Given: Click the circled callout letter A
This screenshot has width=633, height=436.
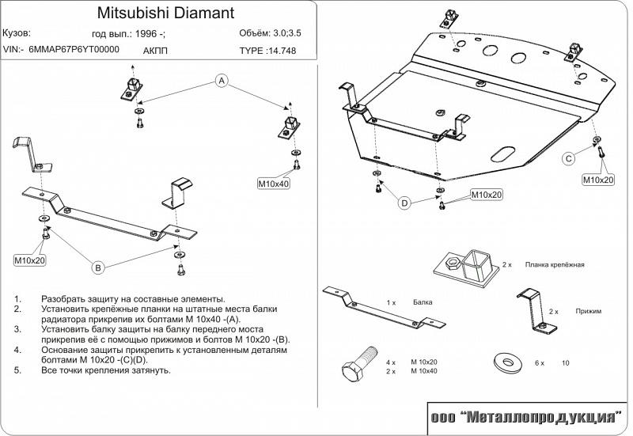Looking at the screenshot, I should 222,81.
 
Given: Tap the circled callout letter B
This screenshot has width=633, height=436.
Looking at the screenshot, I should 99,268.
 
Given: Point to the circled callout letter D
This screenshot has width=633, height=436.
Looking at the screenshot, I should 404,204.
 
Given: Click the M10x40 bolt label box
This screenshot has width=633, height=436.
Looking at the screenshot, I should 274,184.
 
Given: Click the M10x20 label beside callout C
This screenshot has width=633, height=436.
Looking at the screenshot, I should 598,180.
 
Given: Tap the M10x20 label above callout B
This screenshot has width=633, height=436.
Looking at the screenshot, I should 29,259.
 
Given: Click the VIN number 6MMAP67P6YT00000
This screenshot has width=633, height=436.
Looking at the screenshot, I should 74,49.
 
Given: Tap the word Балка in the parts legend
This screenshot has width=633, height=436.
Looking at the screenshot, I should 423,302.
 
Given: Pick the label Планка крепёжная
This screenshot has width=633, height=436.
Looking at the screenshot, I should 553,264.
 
